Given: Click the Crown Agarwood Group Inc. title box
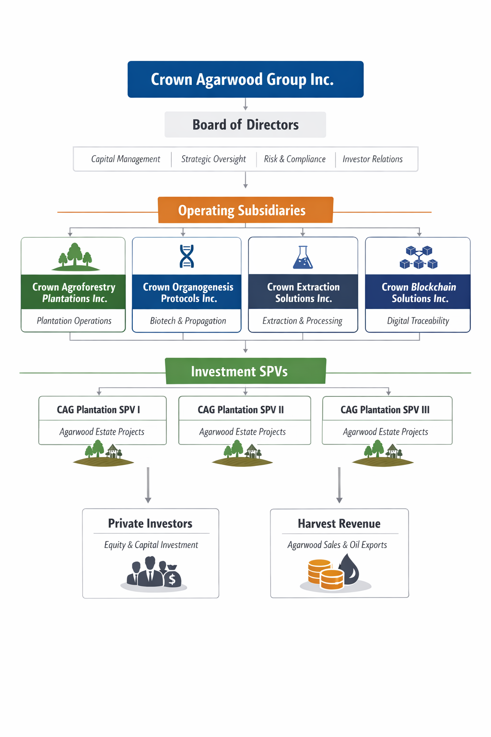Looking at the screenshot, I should click(x=245, y=79).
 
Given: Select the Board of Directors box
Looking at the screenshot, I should click(x=245, y=125).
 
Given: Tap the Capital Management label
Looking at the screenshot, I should click(x=126, y=159).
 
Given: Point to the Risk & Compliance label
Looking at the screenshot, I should click(x=294, y=159).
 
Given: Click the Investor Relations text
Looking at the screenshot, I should click(x=373, y=159).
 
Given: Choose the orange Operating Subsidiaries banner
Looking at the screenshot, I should click(x=245, y=210).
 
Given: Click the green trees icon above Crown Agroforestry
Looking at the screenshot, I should click(x=75, y=257).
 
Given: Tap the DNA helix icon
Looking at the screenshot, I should click(x=187, y=256).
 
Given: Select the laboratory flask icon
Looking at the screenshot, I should click(x=303, y=258).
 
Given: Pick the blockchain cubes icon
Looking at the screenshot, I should click(x=419, y=258).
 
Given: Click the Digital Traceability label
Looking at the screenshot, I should click(x=418, y=321).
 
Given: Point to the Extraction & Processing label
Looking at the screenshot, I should click(x=303, y=321).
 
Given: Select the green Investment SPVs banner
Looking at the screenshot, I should click(x=245, y=371).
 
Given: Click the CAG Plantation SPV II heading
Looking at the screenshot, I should click(x=241, y=410).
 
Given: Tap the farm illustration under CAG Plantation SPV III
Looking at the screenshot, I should click(x=383, y=455).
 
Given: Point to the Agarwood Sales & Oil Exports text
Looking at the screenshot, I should click(x=337, y=545).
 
